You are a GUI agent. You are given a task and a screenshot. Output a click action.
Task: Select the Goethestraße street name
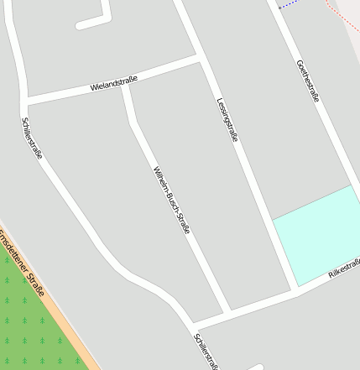click(308, 81)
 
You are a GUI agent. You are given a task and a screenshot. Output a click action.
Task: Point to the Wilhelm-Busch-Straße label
click(171, 200)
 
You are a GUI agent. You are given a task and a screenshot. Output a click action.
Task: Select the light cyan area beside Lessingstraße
click(317, 235)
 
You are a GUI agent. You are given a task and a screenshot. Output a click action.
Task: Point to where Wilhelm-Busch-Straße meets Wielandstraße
click(125, 83)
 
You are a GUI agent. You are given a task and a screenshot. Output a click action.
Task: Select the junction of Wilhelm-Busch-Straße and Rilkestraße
click(227, 310)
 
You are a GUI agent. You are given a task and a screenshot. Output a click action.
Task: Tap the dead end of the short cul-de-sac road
click(81, 26)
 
